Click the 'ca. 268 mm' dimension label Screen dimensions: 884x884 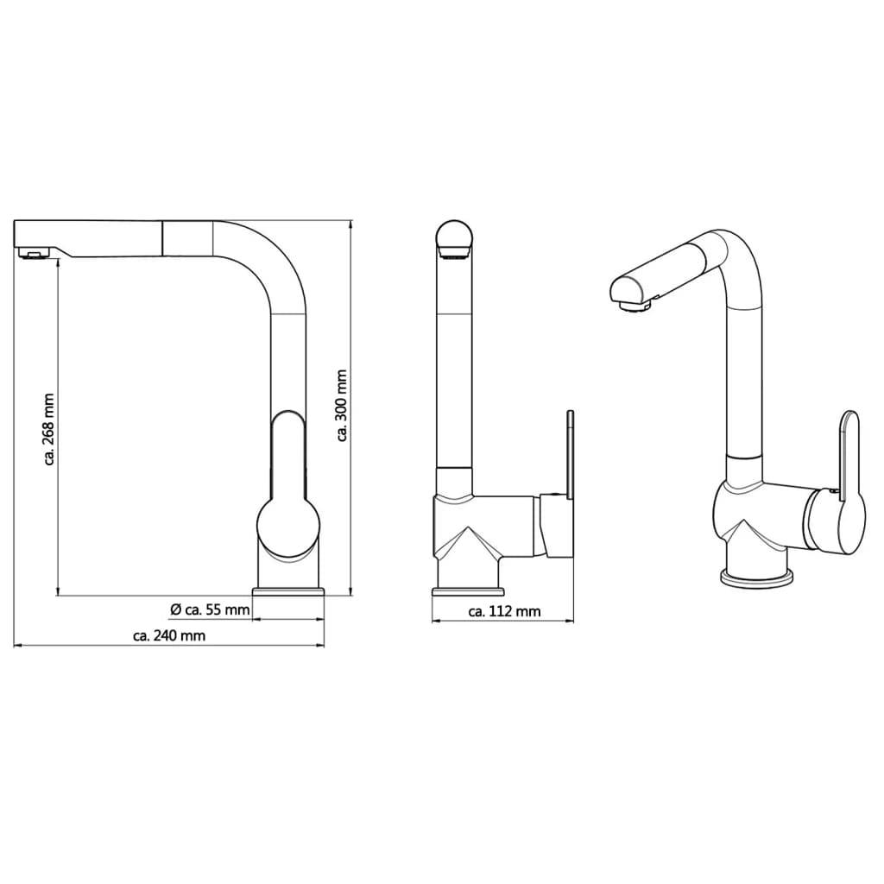49,429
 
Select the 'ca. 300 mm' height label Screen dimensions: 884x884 341,406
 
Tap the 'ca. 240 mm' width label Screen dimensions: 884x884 169,636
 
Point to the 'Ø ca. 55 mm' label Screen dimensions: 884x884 210,609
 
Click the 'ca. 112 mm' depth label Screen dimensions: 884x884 504,611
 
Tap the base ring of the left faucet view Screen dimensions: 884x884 288,591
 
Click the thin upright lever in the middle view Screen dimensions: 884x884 570,454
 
